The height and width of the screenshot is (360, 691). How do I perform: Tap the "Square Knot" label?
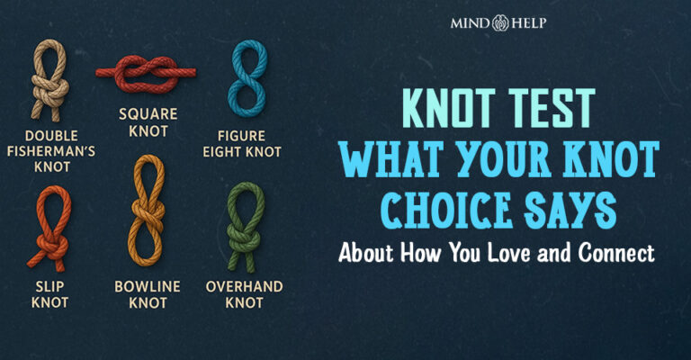click(148, 124)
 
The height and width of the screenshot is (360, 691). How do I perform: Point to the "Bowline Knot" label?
click(148, 295)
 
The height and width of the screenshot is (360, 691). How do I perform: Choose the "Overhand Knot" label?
click(246, 295)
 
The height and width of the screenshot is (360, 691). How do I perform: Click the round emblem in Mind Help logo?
click(501, 21)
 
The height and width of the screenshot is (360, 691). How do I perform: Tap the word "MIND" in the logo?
click(470, 21)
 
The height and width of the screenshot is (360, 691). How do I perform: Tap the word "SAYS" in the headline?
click(569, 212)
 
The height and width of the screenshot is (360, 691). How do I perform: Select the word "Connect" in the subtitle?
click(618, 253)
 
